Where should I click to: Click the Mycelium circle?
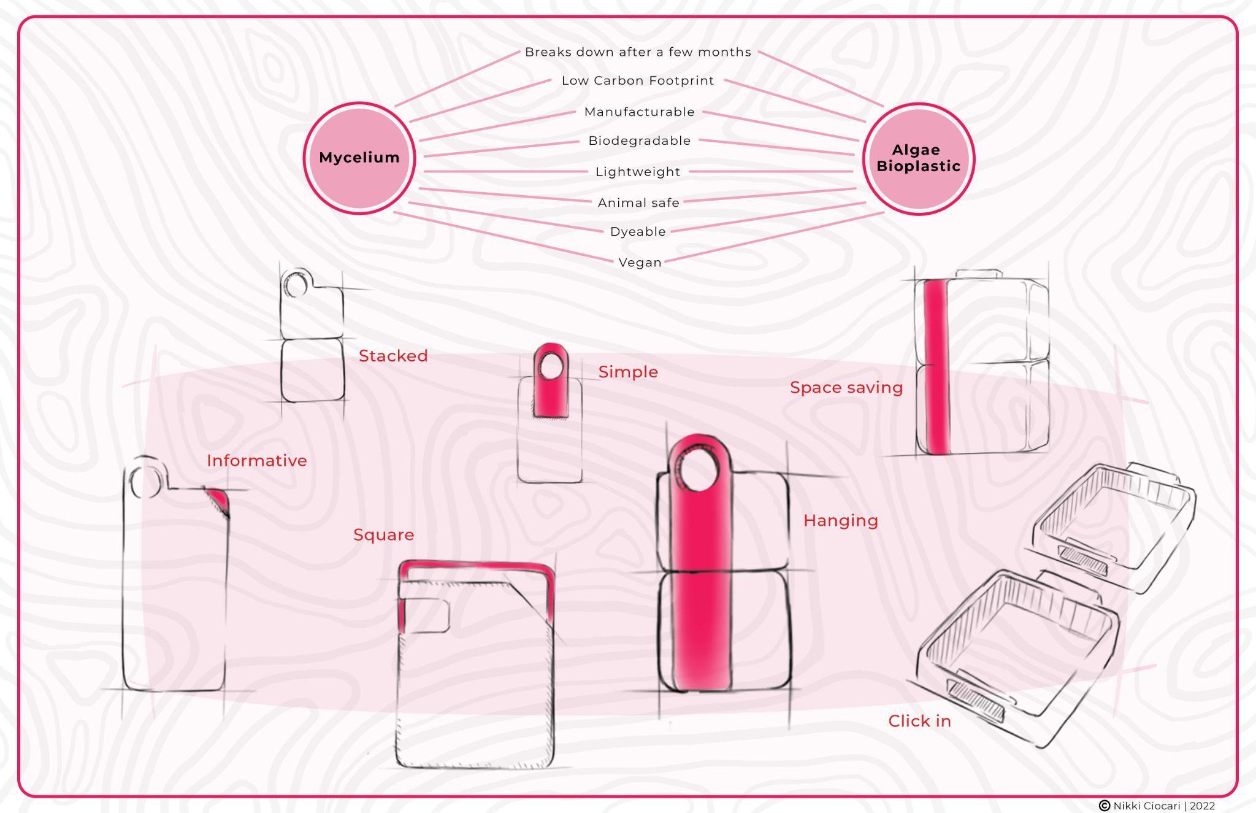coord(359,158)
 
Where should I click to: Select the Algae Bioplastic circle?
coord(918,158)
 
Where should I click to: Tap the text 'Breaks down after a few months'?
coord(638,52)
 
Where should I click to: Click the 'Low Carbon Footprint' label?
coord(638,80)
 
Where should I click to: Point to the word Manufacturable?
coord(639,112)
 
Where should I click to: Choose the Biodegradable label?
coord(639,141)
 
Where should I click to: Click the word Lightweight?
coord(638,172)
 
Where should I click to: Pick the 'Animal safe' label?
coord(638,202)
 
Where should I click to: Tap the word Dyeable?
coord(638,231)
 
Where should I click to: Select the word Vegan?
coord(640,263)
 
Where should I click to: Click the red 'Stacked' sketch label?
coord(393,356)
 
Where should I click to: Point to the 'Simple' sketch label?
coord(628,372)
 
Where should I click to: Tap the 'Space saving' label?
coord(846,388)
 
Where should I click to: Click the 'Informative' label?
coord(256,461)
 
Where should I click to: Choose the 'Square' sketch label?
coord(383,535)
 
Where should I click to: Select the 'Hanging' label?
coord(840,521)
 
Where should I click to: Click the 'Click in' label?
coord(919,722)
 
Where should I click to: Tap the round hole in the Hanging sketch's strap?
coord(698,471)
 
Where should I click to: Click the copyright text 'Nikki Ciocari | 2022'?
coord(1163,806)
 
